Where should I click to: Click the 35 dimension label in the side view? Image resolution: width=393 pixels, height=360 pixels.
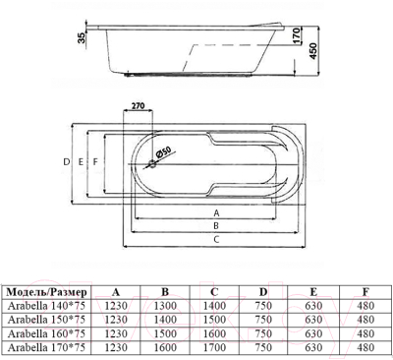(x=82, y=37)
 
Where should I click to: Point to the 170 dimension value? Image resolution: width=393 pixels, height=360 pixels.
(x=296, y=35)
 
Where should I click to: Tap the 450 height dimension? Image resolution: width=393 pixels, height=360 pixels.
(x=313, y=51)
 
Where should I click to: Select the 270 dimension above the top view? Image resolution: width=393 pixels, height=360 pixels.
(x=138, y=106)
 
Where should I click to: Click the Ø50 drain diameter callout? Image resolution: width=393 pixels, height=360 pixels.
(x=163, y=152)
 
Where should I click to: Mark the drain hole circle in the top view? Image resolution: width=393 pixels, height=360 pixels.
(x=152, y=163)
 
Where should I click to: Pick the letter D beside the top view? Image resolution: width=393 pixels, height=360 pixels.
(x=67, y=161)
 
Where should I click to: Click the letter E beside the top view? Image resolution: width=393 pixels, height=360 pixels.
(x=82, y=161)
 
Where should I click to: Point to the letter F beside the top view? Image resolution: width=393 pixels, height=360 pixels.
(x=95, y=161)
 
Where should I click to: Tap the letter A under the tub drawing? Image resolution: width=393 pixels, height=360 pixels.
(x=216, y=213)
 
